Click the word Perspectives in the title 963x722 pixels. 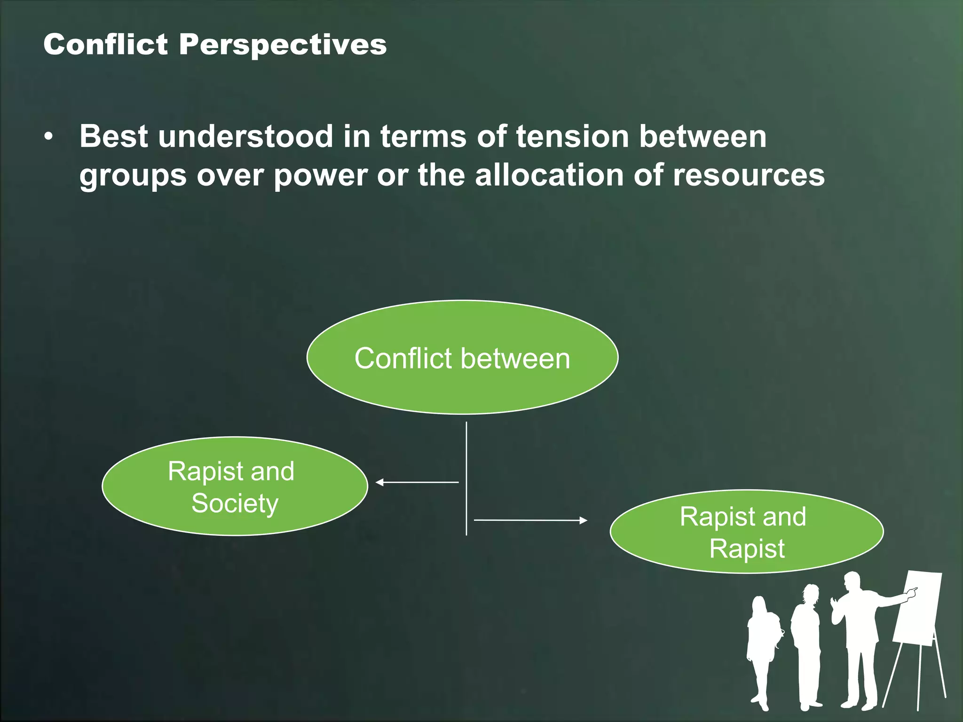pos(283,45)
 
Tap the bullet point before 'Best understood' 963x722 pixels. pos(48,137)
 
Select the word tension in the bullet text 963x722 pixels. pos(572,136)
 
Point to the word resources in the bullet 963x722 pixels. pos(749,175)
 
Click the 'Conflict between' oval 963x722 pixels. pos(462,358)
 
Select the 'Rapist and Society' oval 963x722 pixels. pos(234,487)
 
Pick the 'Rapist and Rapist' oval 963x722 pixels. pos(746,532)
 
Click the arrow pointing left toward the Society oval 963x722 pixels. pos(416,482)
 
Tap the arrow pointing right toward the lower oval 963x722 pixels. pos(530,520)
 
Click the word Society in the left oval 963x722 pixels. pos(235,503)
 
